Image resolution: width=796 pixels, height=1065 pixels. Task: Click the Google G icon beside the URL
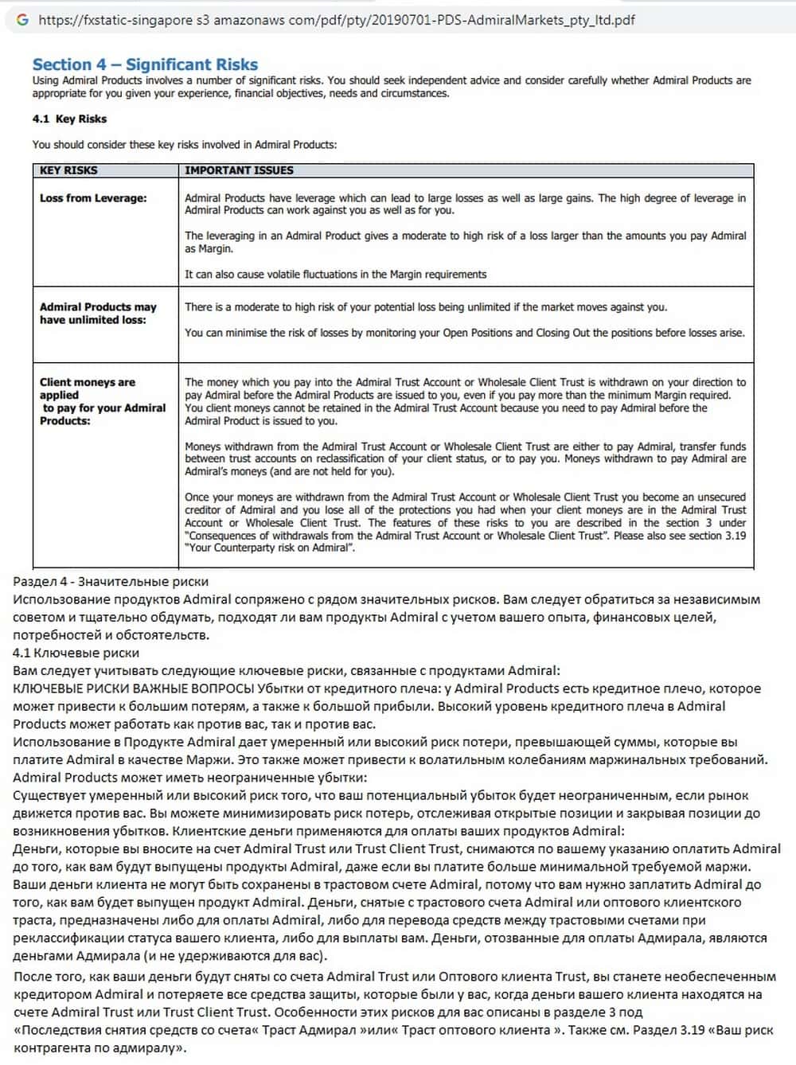click(21, 19)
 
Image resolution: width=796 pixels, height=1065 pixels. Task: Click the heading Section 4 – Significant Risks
click(145, 64)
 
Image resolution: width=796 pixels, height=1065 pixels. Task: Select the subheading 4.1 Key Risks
click(69, 119)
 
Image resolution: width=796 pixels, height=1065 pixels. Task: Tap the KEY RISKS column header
click(68, 170)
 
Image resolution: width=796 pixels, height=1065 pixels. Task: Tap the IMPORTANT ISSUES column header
click(239, 170)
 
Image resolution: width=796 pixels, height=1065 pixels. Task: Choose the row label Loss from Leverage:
click(93, 198)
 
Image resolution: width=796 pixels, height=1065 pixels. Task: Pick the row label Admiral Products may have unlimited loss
click(98, 313)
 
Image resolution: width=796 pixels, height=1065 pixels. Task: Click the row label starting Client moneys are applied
click(103, 401)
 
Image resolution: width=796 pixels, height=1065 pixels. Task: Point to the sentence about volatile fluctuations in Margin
click(335, 275)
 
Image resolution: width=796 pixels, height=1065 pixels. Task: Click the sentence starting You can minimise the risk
click(464, 333)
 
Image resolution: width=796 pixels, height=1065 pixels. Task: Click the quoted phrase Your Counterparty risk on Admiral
click(270, 548)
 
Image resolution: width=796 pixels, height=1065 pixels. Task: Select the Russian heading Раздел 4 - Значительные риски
click(111, 582)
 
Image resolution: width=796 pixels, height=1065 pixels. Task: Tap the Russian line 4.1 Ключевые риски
click(76, 653)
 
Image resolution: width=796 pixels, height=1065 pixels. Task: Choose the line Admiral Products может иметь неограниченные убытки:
click(190, 778)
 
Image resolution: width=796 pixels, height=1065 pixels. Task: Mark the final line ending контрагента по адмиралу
click(99, 1048)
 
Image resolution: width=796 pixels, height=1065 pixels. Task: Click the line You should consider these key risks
click(184, 145)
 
